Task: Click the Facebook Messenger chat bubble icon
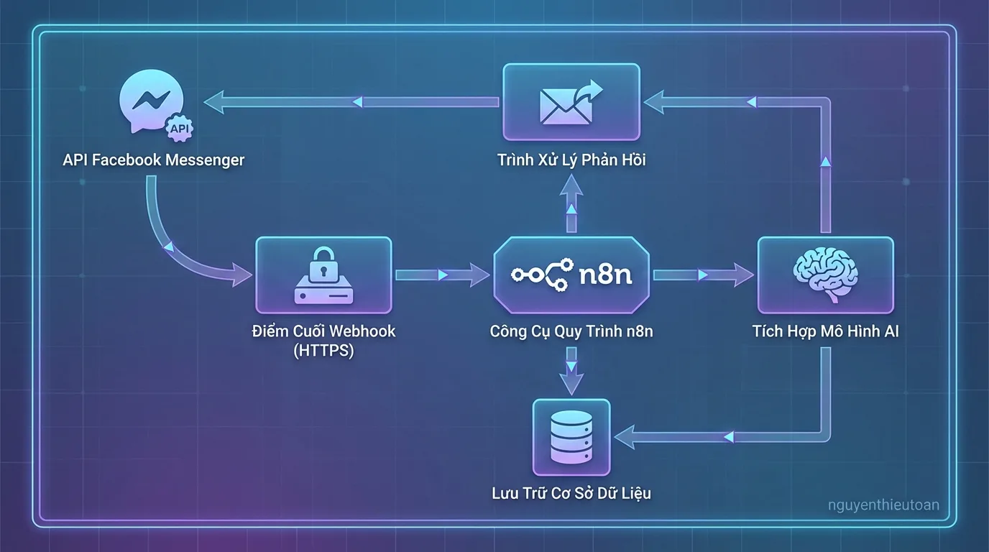pyautogui.click(x=147, y=100)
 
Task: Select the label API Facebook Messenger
pyautogui.click(x=153, y=160)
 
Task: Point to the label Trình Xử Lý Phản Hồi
pyautogui.click(x=571, y=160)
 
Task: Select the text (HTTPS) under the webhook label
pyautogui.click(x=323, y=351)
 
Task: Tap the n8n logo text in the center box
pyautogui.click(x=605, y=275)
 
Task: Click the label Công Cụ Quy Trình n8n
pyautogui.click(x=571, y=331)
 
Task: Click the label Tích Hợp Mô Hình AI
pyautogui.click(x=825, y=331)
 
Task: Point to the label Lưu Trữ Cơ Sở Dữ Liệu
pyautogui.click(x=571, y=493)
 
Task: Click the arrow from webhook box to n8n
pyautogui.click(x=442, y=275)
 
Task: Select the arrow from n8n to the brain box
pyautogui.click(x=703, y=275)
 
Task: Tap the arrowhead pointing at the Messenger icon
pyautogui.click(x=216, y=102)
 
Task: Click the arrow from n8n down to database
pyautogui.click(x=571, y=371)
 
